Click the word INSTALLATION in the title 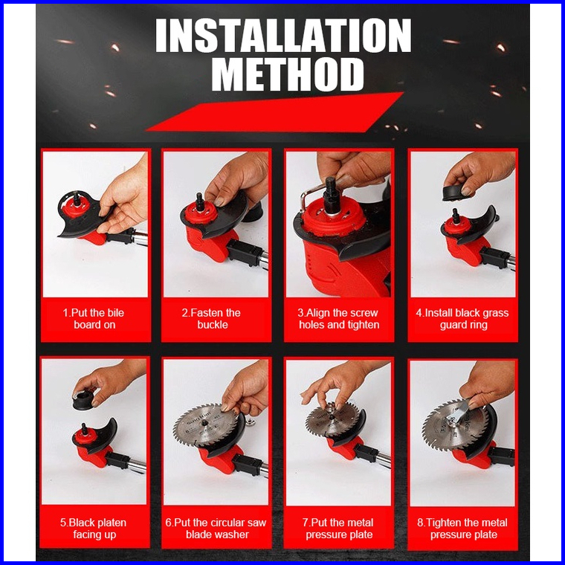coord(283,36)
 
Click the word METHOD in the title coord(288,74)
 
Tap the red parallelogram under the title coord(274,112)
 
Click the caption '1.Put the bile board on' coord(94,318)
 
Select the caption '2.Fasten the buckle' coord(212,318)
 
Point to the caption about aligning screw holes coord(339,318)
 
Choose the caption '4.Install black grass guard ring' coord(462,318)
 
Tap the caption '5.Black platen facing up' coord(94,529)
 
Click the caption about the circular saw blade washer coord(216,529)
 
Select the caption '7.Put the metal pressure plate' coord(339,529)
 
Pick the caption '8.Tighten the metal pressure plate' coord(462,529)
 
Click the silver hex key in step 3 coord(306,196)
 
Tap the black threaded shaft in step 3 coord(330,196)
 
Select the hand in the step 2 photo coord(238,183)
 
